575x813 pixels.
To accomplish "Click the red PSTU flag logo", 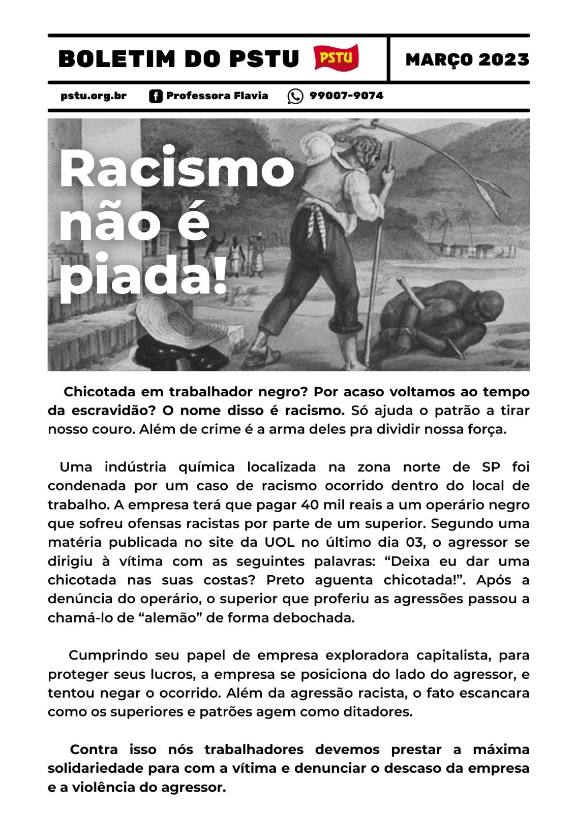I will [x=336, y=58].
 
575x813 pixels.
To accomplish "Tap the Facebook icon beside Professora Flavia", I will [x=156, y=96].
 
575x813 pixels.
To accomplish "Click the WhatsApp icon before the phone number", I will [x=295, y=96].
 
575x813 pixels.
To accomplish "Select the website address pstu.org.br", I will [x=94, y=96].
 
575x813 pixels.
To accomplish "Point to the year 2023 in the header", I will [x=503, y=59].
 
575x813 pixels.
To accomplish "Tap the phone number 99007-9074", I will [x=346, y=96].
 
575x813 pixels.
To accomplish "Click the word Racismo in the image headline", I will [x=176, y=169].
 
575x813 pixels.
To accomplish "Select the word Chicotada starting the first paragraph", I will [x=100, y=392].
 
